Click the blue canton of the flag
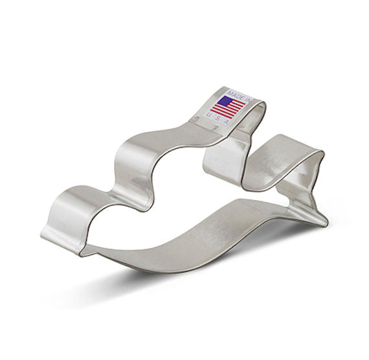pos(224,102)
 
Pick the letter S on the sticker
pos(218,118)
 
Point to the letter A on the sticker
pos(227,122)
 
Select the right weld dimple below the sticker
pos(214,127)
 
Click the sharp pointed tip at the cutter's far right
pos(327,223)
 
